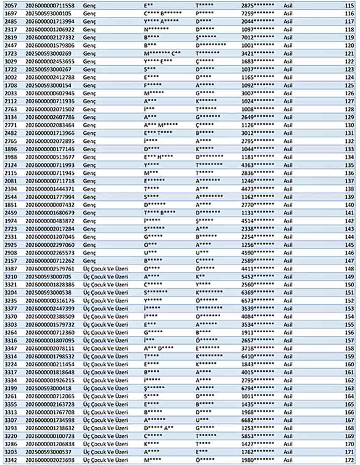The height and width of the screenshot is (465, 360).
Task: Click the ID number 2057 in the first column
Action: click(11, 6)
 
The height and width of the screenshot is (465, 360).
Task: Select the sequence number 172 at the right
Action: click(349, 459)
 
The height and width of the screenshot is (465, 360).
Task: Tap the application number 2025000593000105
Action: click(48, 14)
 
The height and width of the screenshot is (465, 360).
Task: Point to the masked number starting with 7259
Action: click(258, 14)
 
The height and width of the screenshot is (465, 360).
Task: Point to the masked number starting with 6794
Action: click(258, 388)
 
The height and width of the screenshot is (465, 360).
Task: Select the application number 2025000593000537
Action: click(48, 451)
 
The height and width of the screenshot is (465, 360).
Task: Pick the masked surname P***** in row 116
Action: click(205, 14)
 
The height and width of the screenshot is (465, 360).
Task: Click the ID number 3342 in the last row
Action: click(11, 459)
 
